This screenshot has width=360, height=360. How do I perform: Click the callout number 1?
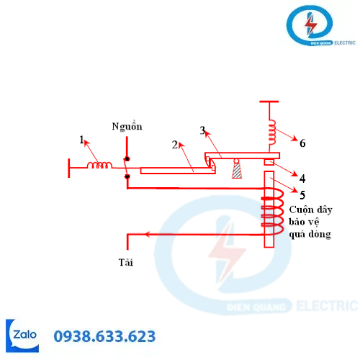[x=82, y=140]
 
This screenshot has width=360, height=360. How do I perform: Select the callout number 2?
[x=175, y=145]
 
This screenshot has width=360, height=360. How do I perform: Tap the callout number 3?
[x=202, y=130]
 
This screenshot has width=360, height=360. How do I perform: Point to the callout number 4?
[x=302, y=179]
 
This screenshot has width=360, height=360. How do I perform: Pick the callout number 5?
[x=302, y=195]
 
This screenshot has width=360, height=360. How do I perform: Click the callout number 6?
[x=302, y=143]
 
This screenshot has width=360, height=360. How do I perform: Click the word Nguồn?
[x=127, y=126]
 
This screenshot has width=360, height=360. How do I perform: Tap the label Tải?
[x=125, y=262]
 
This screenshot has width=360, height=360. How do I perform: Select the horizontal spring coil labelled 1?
[x=99, y=165]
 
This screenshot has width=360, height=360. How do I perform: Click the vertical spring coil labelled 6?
[x=272, y=132]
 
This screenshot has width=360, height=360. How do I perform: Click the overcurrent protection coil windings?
[x=273, y=211]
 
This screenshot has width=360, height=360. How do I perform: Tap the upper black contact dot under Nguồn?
[x=127, y=158]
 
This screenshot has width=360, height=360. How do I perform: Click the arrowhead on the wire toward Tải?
[x=148, y=234]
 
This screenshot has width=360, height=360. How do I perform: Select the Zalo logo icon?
[x=22, y=336]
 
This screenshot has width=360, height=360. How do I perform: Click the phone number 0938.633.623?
[x=104, y=336]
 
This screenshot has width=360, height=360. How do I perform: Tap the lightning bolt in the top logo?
[x=311, y=24]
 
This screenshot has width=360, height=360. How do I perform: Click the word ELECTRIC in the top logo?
[x=345, y=43]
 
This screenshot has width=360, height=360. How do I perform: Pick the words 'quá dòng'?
[x=310, y=234]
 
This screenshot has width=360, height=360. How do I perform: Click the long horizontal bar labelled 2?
[x=178, y=171]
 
